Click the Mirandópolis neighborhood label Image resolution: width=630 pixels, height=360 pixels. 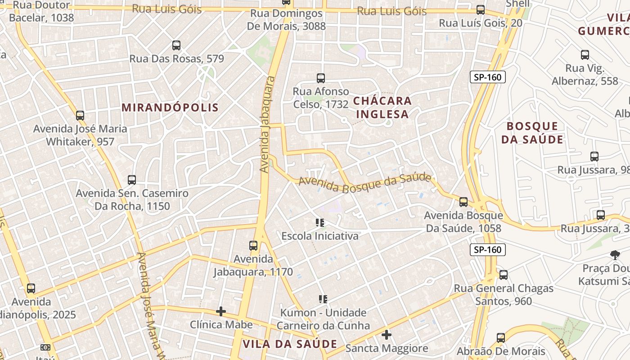tap(170, 108)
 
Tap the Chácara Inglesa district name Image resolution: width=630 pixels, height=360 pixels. tap(382, 107)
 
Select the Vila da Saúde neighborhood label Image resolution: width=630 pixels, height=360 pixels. tap(290, 344)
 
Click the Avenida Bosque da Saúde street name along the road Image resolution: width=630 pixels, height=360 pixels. tap(364, 183)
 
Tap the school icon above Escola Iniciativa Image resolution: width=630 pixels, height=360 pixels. tap(320, 222)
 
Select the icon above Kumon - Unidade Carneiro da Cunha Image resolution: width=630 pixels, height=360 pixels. tap(323, 299)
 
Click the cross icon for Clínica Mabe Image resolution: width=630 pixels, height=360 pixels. tap(221, 311)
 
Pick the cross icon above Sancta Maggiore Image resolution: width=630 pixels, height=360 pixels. tap(387, 335)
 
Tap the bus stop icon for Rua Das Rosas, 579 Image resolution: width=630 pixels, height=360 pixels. tap(176, 45)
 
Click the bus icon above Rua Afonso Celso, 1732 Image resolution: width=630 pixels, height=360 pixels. tap(321, 78)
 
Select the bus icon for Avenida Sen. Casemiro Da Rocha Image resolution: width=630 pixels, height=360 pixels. tap(132, 180)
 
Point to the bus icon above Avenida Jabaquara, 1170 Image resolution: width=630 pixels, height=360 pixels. tap(253, 246)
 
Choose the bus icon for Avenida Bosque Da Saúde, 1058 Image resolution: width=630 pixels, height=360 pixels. tap(463, 202)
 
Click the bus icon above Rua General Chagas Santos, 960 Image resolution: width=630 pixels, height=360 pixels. tap(504, 275)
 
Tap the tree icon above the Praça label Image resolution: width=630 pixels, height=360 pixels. tap(615, 255)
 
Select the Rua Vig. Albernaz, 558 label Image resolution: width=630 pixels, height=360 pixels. tap(585, 75)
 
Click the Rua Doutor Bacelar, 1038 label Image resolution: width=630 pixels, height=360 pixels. tap(41, 12)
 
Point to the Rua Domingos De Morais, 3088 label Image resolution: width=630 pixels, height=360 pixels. tap(286, 20)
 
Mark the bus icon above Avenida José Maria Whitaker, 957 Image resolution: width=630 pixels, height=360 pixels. tap(80, 116)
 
